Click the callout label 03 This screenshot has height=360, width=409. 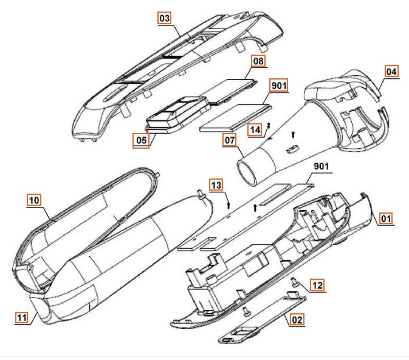pyautogui.click(x=164, y=19)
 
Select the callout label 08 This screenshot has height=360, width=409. pyautogui.click(x=258, y=61)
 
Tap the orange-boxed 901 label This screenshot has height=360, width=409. pyautogui.click(x=278, y=85)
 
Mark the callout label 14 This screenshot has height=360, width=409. pyautogui.click(x=255, y=129)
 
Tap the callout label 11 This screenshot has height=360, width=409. pyautogui.click(x=22, y=316)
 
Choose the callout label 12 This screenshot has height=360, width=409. pyautogui.click(x=318, y=284)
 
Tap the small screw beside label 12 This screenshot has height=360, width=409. pyautogui.click(x=294, y=280)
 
